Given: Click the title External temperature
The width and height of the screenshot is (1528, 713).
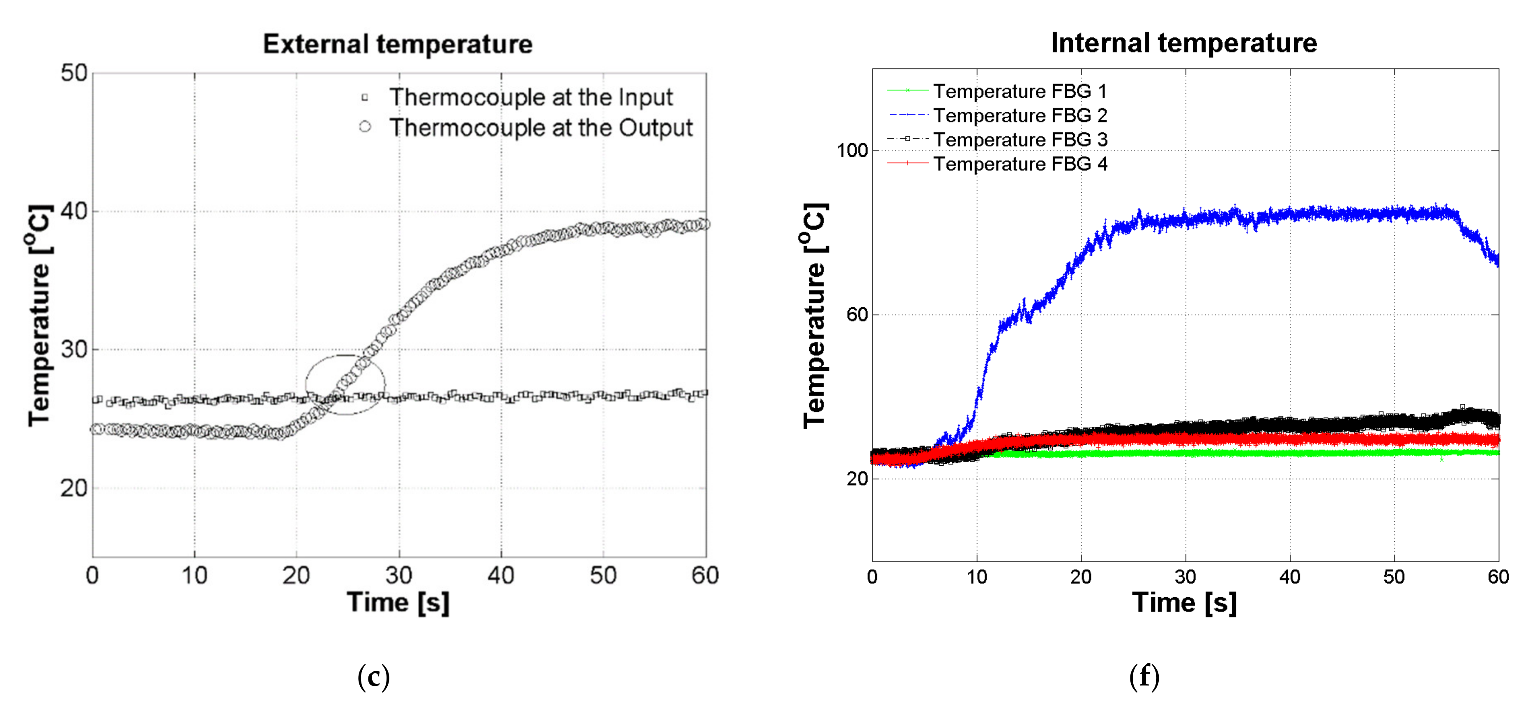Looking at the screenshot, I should point(398,44).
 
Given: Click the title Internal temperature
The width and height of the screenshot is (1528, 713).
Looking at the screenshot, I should point(1184,43).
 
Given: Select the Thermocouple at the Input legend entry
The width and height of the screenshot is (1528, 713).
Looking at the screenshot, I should point(530,97).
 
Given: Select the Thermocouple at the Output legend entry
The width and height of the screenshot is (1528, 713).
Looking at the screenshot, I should point(540,128).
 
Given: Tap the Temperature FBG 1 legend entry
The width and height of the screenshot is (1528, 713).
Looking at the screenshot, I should point(1019,91).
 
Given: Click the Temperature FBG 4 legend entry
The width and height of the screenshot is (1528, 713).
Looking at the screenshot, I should point(1019,164).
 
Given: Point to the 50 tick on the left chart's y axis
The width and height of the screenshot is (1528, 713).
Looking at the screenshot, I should point(74,74).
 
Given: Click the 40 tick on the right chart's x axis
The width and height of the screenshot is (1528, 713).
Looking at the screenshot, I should point(1289,577).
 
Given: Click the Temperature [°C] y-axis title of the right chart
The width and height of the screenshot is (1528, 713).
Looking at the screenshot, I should point(815,315).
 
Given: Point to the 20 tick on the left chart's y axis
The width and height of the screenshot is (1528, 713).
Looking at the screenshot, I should point(74,489).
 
